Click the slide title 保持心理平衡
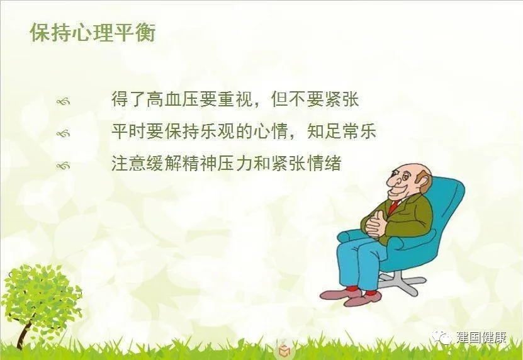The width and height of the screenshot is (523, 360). (x=93, y=33)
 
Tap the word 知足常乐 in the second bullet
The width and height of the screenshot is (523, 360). (x=342, y=131)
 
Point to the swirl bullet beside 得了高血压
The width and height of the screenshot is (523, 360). (x=64, y=101)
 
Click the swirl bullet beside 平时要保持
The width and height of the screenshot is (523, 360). (x=64, y=134)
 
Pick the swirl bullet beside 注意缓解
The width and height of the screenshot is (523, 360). (x=64, y=166)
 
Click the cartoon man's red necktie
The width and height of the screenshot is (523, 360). (x=393, y=206)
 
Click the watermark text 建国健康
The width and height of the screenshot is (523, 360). (x=481, y=337)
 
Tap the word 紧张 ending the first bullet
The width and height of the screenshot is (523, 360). (x=341, y=99)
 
